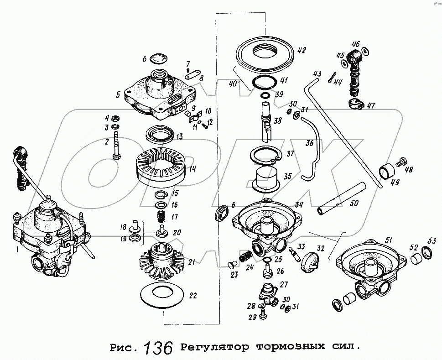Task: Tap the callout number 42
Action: tap(302, 50)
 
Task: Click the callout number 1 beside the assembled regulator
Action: tap(17, 250)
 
